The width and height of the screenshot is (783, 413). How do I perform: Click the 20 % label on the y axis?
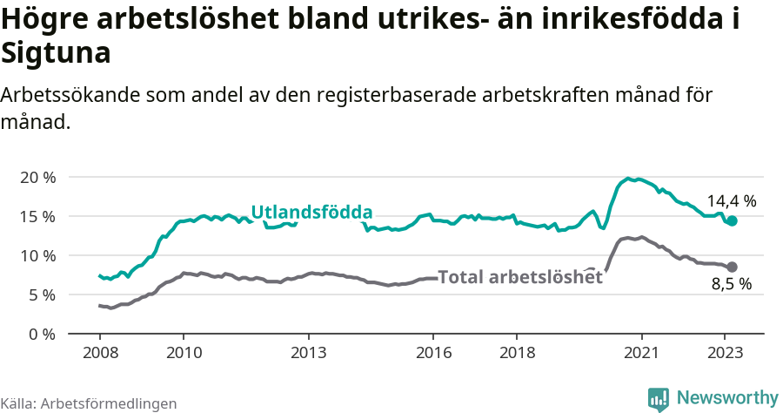pyautogui.click(x=37, y=177)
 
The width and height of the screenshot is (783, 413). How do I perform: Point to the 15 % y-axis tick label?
pyautogui.click(x=37, y=216)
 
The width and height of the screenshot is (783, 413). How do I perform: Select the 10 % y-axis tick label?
pyautogui.click(x=37, y=255)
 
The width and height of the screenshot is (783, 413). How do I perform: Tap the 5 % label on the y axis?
pyautogui.click(x=41, y=295)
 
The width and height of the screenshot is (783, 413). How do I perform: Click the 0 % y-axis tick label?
pyautogui.click(x=41, y=334)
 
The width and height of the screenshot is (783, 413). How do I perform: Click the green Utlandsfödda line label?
pyautogui.click(x=311, y=212)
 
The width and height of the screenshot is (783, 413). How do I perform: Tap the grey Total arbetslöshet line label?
pyautogui.click(x=519, y=277)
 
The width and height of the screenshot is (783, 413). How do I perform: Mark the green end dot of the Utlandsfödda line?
pyautogui.click(x=732, y=221)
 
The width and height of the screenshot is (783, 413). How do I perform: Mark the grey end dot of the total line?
pyautogui.click(x=732, y=267)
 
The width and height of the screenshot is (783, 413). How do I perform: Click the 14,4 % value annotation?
pyautogui.click(x=731, y=200)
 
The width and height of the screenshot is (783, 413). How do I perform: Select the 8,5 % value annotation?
pyautogui.click(x=731, y=284)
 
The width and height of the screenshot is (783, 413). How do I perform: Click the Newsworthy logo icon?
pyautogui.click(x=659, y=398)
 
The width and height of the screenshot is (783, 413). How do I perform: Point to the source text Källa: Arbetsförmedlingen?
pyautogui.click(x=89, y=403)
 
